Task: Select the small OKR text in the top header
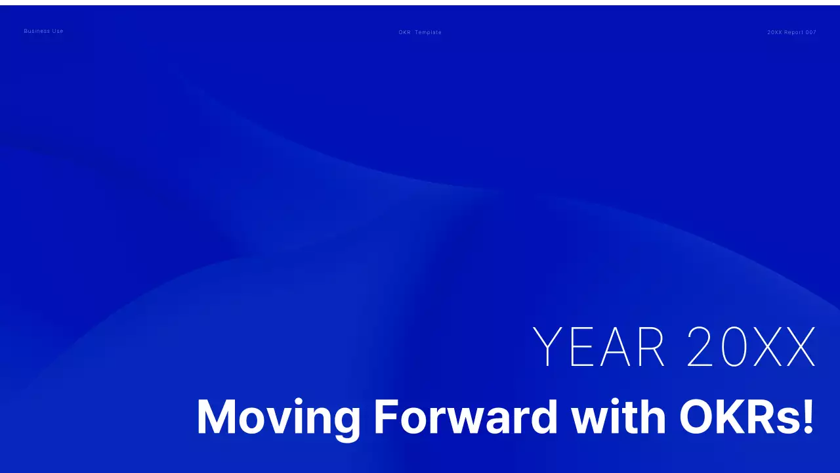point(404,32)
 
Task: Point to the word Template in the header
point(428,32)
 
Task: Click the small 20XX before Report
point(774,32)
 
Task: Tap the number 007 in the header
point(811,32)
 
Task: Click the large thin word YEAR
point(599,346)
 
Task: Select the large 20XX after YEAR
point(751,346)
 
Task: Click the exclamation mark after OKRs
point(808,416)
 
